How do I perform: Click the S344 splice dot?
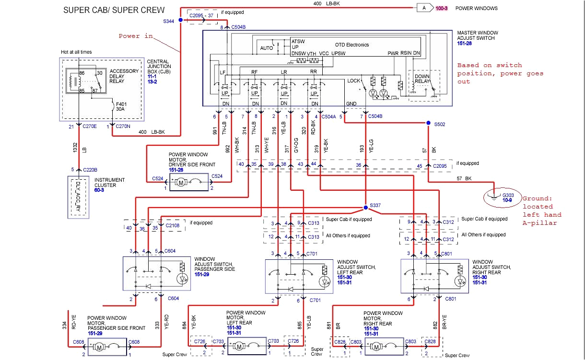point(180,20)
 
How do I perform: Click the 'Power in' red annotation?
point(136,36)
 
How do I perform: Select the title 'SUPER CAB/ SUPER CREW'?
point(114,10)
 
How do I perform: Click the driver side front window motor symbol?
point(181,182)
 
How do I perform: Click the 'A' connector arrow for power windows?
point(424,8)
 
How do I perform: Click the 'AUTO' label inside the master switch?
point(267,48)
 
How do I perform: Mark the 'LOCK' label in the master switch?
point(353,81)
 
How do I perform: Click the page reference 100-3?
point(441,8)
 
